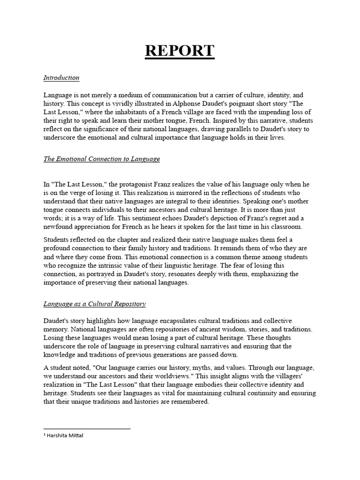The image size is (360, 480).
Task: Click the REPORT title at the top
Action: [x=180, y=51]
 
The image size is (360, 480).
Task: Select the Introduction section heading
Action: [x=61, y=78]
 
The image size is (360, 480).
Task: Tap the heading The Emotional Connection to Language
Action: [x=102, y=159]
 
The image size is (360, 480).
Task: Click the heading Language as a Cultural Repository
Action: [x=95, y=304]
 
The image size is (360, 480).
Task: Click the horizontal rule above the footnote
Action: [x=87, y=428]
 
